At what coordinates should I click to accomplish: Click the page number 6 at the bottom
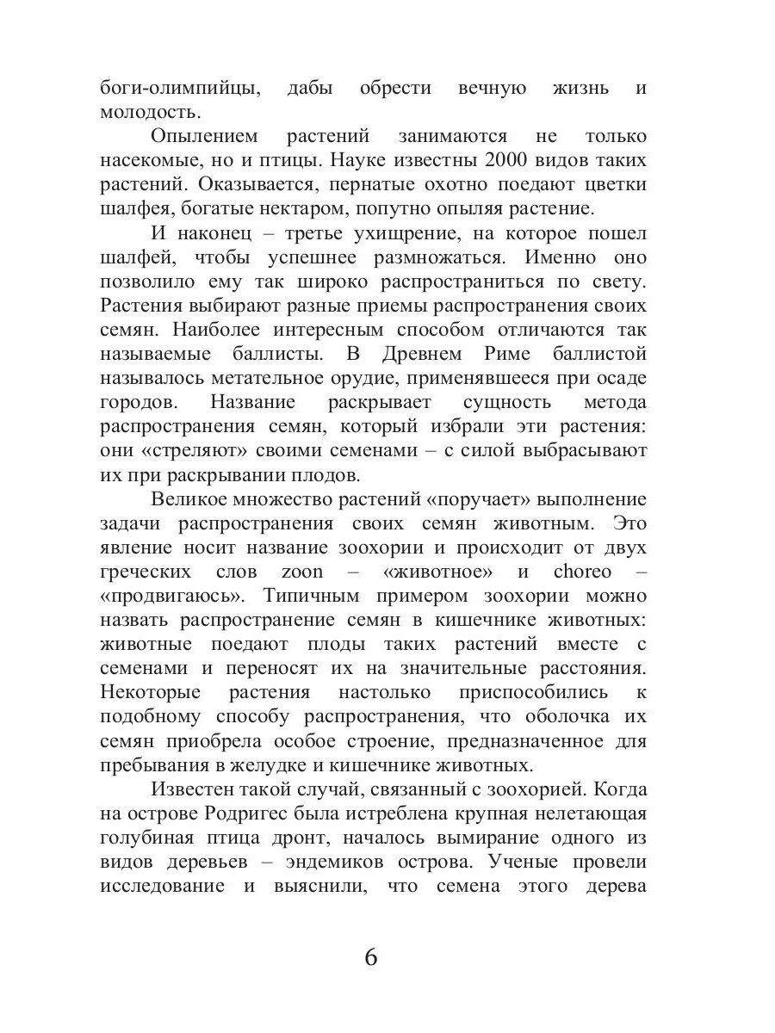pyautogui.click(x=371, y=957)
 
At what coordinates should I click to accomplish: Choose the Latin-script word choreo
pyautogui.click(x=582, y=572)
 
